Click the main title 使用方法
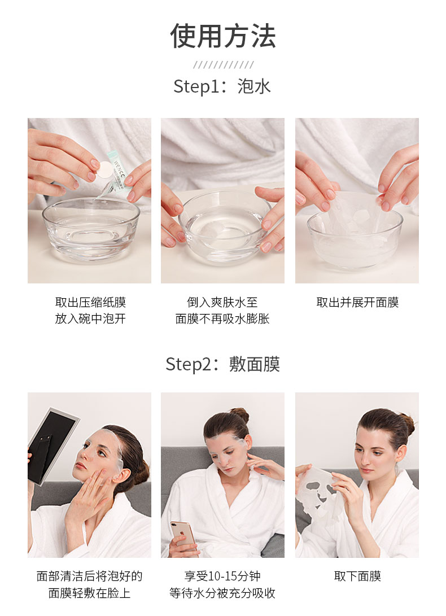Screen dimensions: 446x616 point(223,36)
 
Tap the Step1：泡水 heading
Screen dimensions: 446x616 point(222,86)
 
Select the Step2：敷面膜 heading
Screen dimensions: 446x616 point(223,364)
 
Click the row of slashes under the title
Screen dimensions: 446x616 point(223,65)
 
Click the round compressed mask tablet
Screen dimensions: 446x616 point(106,170)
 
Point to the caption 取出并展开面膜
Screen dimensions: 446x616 point(357,302)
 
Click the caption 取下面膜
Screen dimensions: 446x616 point(357,576)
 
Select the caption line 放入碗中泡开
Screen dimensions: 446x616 point(90,318)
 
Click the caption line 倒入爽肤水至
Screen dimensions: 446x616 point(222,302)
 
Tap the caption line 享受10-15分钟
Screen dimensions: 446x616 point(222,576)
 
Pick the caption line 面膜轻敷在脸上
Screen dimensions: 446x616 point(89,593)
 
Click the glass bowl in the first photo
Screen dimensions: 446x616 point(91,229)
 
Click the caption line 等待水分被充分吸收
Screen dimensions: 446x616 point(222,593)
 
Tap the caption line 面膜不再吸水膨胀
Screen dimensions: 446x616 point(222,318)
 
